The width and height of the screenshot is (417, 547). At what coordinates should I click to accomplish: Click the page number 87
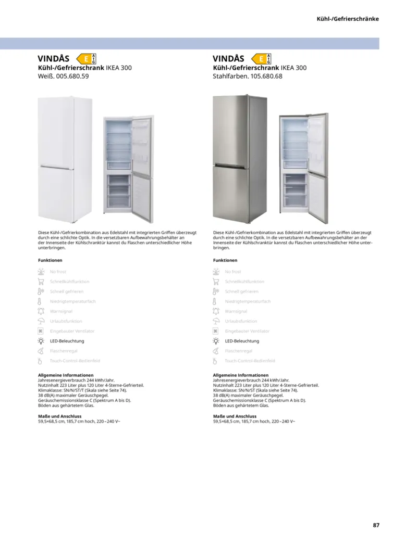pos(376,525)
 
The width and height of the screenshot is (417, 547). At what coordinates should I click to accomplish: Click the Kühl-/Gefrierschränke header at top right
pos(348,19)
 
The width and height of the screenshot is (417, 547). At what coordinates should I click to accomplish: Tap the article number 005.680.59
pos(72,76)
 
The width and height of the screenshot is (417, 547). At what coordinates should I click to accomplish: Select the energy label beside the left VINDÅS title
pos(87,59)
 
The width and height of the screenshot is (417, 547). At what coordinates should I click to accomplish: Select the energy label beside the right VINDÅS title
pos(262,59)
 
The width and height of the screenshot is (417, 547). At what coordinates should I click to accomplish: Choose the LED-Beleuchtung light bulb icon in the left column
pos(41,341)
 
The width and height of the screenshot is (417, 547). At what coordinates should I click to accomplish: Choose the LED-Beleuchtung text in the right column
pos(242,341)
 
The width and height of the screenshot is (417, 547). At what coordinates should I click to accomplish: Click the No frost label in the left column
pos(58,272)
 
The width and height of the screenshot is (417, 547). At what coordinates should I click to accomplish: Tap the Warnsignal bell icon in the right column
pos(216,311)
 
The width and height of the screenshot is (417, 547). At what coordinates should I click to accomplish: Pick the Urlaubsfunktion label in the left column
pos(66,321)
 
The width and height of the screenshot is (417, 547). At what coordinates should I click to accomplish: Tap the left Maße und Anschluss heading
pos(59,416)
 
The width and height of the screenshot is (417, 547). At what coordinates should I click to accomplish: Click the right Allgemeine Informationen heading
pos(241,375)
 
